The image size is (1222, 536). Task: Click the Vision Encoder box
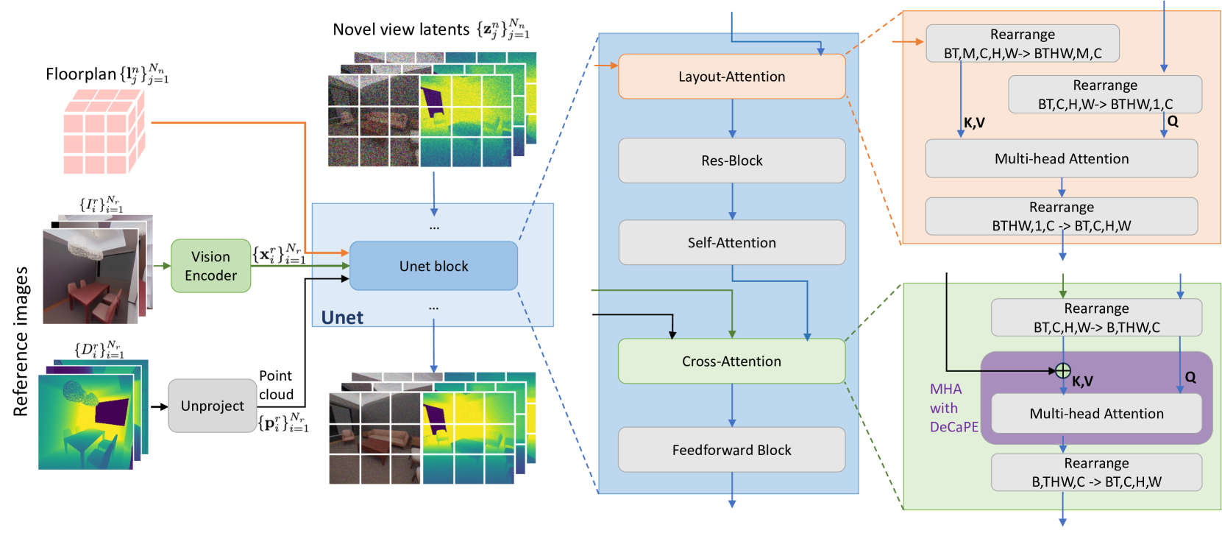[x=210, y=266]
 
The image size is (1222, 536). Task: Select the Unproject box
[x=212, y=406]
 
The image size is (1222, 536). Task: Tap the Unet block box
[x=433, y=266]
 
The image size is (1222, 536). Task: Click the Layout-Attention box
[x=731, y=77]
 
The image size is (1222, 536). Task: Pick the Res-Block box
[x=731, y=161]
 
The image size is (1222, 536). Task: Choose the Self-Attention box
[x=731, y=243]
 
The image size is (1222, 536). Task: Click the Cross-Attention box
[x=731, y=362]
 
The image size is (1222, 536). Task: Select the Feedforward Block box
[x=731, y=450]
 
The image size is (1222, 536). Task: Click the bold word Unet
[x=342, y=317]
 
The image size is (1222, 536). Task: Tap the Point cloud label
[x=276, y=385]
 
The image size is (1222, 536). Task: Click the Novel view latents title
[x=401, y=29]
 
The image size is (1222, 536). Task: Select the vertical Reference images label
[x=21, y=342]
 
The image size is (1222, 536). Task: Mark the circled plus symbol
[x=1062, y=370]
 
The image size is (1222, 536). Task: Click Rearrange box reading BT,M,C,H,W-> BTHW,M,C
[x=1022, y=43]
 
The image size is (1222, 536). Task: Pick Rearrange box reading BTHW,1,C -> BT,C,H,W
[x=1061, y=216]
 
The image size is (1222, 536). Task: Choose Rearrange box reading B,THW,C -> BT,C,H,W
[x=1096, y=472]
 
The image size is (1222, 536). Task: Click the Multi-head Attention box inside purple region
[x=1096, y=414]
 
